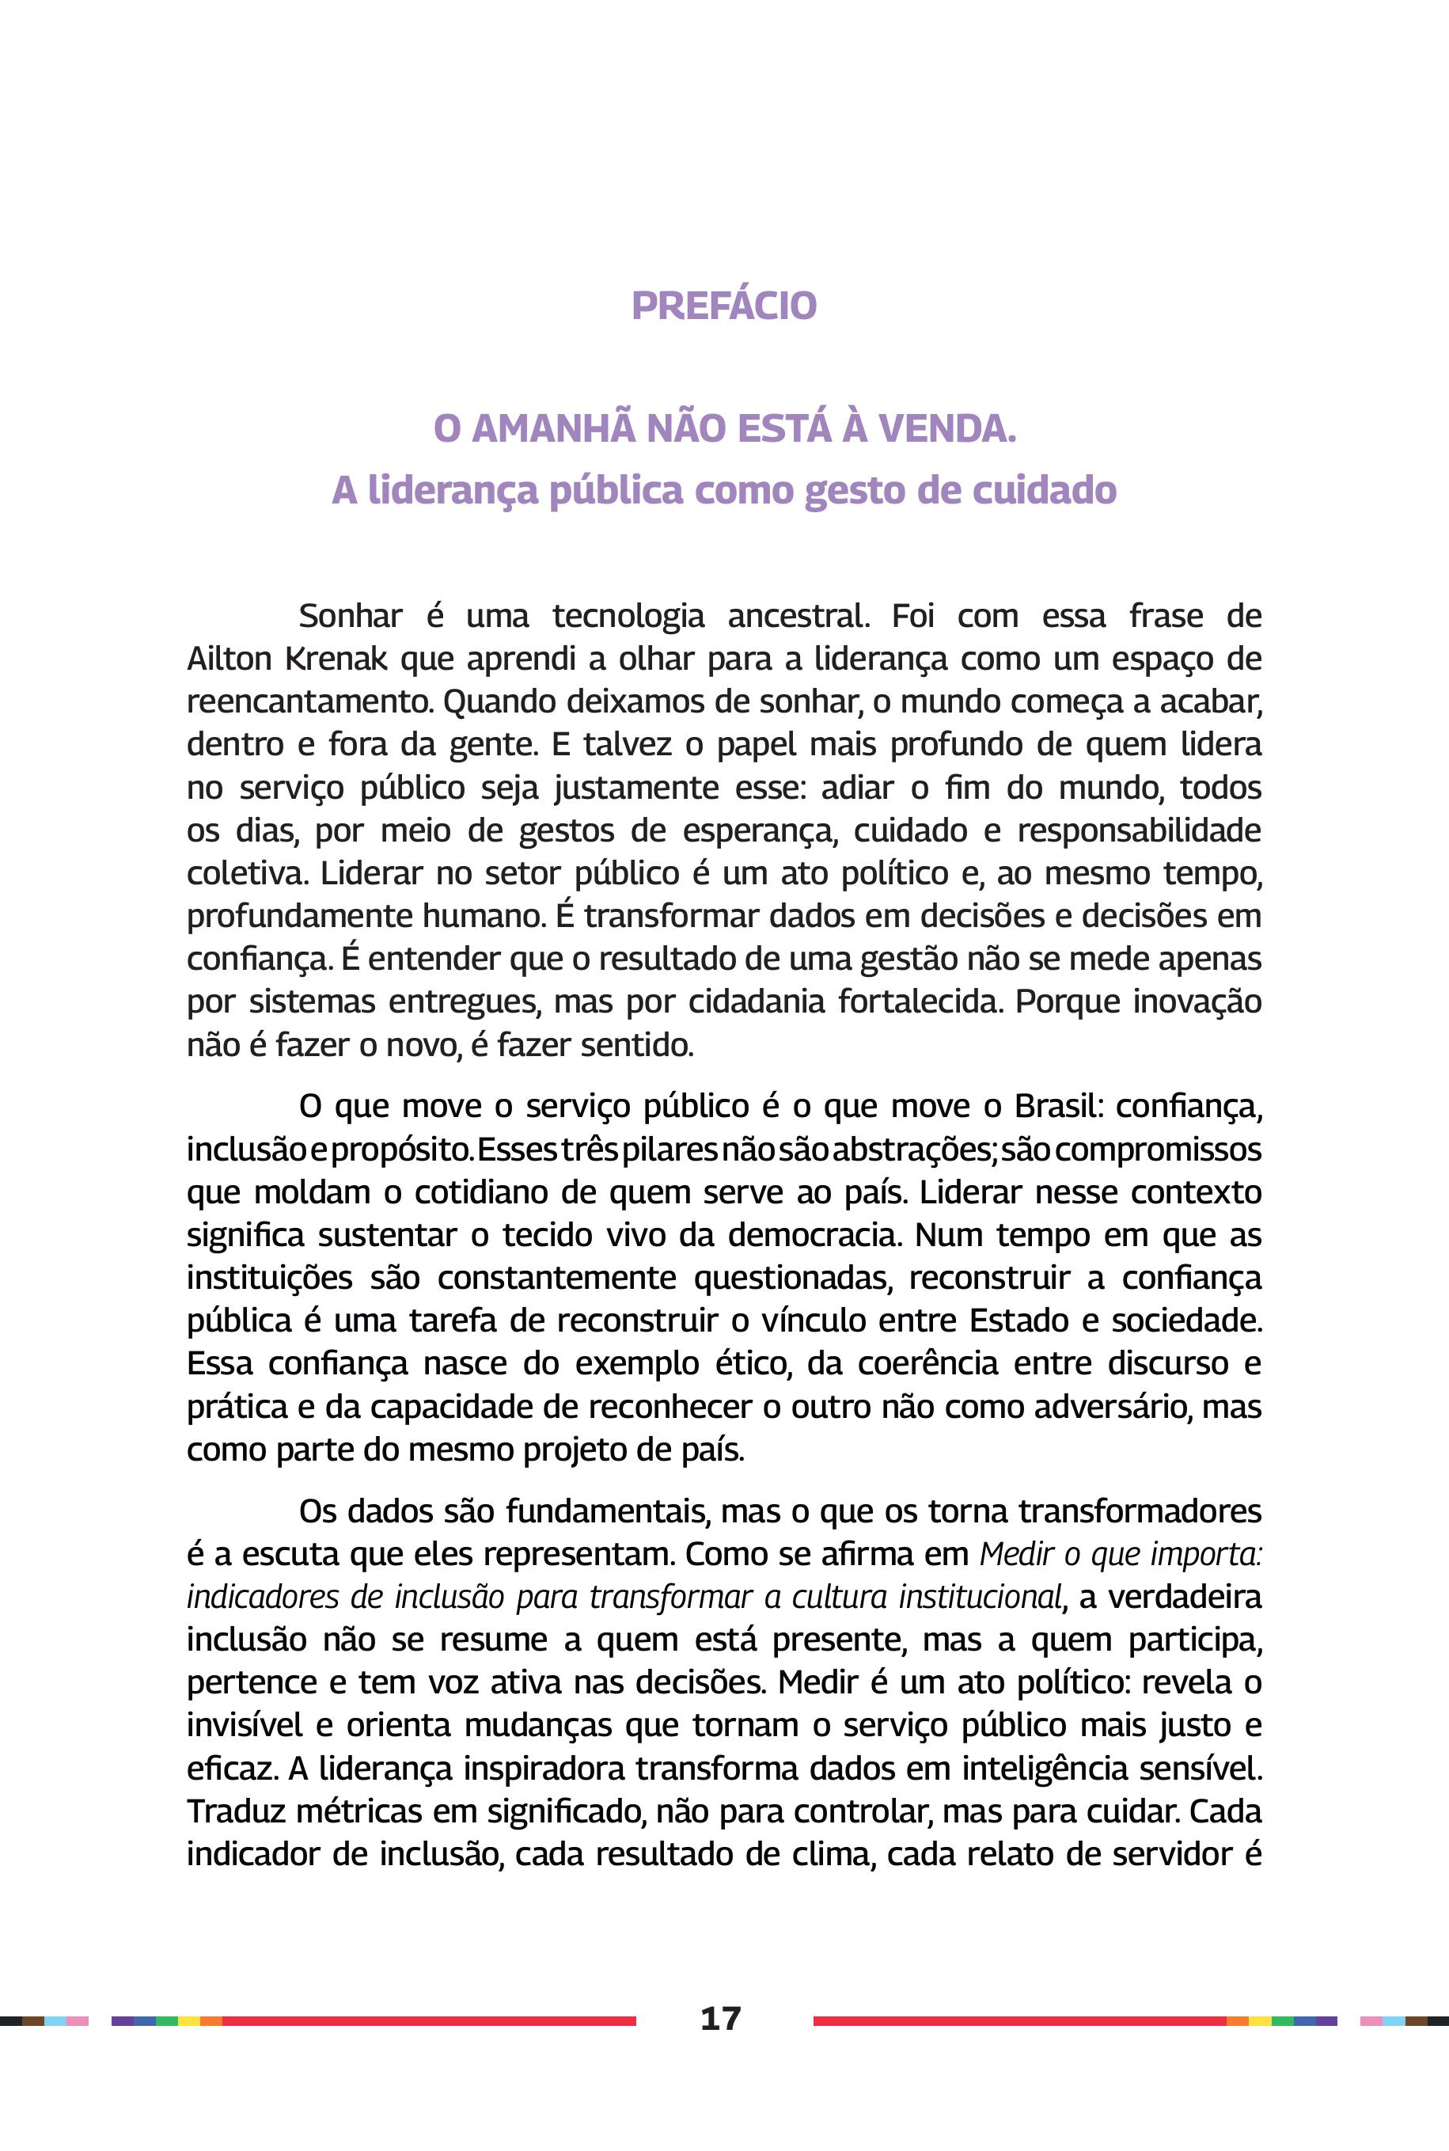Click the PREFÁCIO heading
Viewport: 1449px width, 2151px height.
tap(723, 306)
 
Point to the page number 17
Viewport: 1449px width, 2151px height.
tap(721, 2018)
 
